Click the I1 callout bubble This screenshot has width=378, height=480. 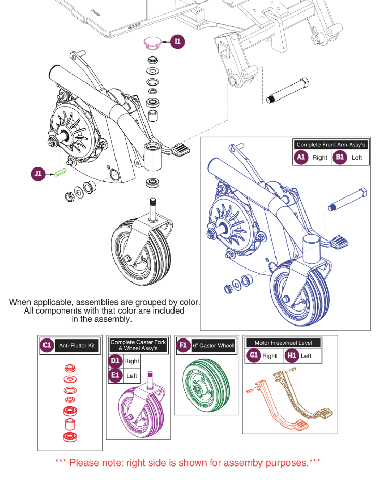click(x=178, y=41)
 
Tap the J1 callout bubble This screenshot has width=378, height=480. click(x=38, y=174)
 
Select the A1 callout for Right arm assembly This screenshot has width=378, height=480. click(x=300, y=157)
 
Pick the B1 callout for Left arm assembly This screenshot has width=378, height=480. click(x=339, y=157)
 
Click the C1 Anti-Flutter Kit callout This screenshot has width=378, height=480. click(x=47, y=345)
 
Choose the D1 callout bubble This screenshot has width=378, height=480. click(x=115, y=361)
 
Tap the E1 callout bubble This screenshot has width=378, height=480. click(x=115, y=375)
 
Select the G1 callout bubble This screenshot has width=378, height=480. click(x=253, y=356)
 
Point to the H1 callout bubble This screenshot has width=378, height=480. click(x=292, y=356)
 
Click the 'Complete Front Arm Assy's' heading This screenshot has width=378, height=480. click(x=330, y=145)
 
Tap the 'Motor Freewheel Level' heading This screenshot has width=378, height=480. click(x=287, y=343)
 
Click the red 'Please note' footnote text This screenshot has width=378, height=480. click(x=188, y=462)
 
